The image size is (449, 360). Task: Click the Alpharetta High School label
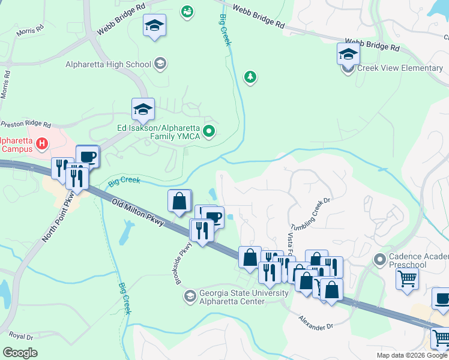click(x=109, y=64)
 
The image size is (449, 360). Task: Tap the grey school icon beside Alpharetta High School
click(x=160, y=64)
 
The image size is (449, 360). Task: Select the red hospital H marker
click(x=42, y=143)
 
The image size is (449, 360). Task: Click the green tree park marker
click(x=250, y=77)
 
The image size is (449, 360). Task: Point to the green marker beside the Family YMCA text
click(x=209, y=131)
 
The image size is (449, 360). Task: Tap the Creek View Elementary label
click(x=400, y=68)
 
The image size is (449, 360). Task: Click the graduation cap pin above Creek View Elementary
click(x=348, y=55)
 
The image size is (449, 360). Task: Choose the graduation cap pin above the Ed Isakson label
click(x=143, y=110)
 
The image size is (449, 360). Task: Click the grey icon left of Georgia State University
click(x=190, y=296)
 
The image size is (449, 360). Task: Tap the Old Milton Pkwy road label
click(x=137, y=214)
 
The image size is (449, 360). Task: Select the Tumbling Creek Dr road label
click(x=311, y=215)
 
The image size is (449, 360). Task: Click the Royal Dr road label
click(x=21, y=337)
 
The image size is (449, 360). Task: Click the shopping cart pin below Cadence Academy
click(x=408, y=280)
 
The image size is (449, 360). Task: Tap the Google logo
click(x=20, y=352)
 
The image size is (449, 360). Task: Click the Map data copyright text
click(x=411, y=355)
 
